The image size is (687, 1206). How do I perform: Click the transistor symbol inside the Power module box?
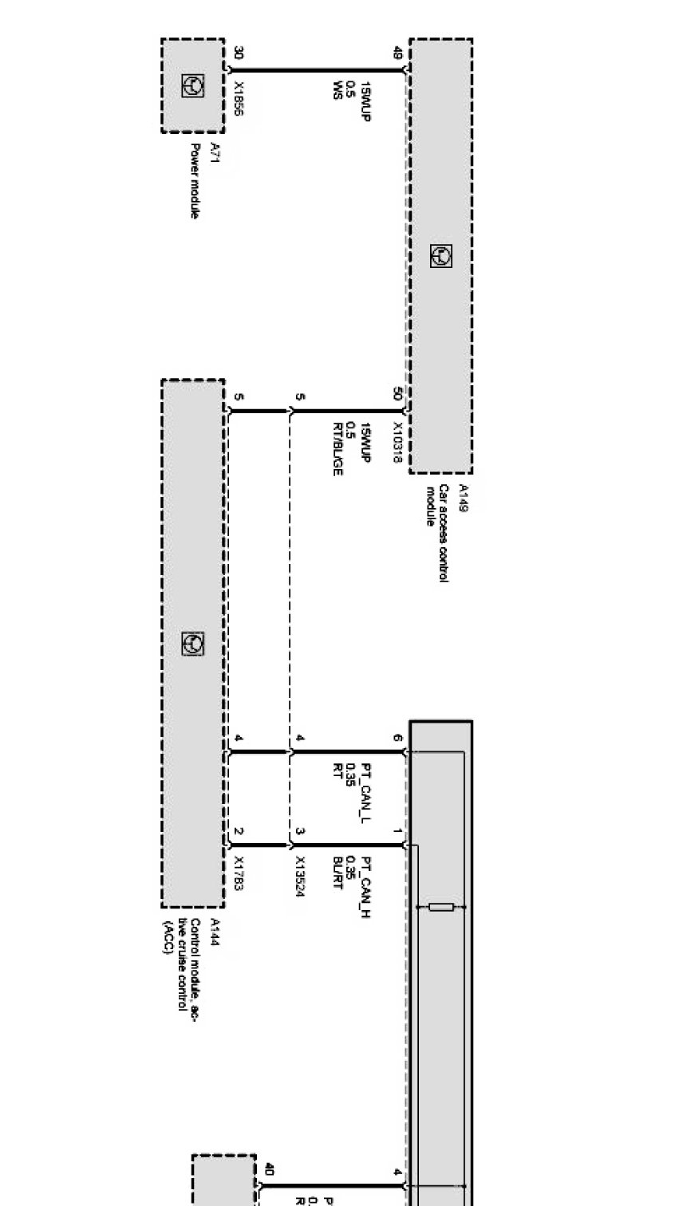point(192,85)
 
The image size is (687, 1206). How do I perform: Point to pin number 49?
point(397,53)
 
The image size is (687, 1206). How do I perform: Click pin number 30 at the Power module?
point(239,53)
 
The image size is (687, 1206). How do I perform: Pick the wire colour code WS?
point(338,89)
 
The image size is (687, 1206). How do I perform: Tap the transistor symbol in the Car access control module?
point(440,255)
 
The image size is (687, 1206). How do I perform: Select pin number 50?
point(397,393)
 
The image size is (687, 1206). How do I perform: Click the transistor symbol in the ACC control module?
point(192,644)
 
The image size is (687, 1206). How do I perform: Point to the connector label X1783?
point(239,873)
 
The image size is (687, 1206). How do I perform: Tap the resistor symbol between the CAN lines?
point(441,907)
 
